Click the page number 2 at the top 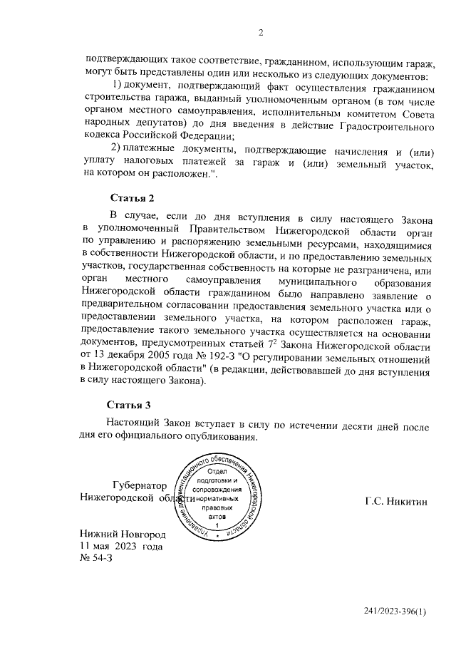click(261, 31)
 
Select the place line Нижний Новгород click(123, 534)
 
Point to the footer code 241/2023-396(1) click(394, 612)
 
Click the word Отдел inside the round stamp click(217, 473)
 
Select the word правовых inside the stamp click(217, 509)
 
